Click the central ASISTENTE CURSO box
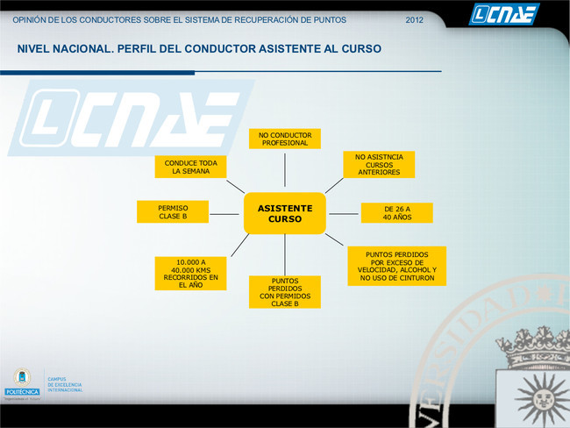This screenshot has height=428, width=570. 285,213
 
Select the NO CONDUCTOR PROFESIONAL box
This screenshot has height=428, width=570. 285,139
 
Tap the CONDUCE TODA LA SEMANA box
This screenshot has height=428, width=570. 190,167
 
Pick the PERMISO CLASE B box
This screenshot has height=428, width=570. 173,212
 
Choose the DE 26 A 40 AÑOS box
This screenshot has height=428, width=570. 397,213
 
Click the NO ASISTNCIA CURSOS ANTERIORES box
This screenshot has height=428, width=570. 379,164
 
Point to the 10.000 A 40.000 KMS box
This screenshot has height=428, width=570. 190,274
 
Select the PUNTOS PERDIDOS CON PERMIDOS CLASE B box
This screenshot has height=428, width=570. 285,292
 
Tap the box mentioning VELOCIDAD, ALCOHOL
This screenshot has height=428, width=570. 397,266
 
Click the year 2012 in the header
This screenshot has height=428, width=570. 415,20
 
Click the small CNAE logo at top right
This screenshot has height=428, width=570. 504,15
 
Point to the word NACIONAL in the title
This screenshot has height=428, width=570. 83,49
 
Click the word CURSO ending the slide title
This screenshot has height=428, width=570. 361,49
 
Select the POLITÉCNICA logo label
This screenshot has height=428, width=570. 22,392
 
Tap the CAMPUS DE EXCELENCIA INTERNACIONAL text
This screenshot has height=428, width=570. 65,384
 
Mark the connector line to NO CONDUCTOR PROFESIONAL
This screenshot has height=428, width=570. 285,170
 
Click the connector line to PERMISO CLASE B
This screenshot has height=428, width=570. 224,214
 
